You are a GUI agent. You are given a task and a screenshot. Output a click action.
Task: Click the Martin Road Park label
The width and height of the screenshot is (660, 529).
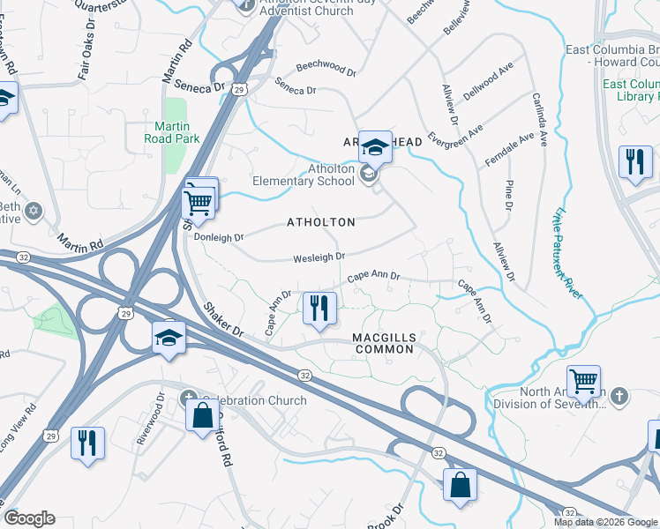tap(172, 132)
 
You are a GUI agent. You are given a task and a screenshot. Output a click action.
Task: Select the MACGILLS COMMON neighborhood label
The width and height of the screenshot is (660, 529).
tap(384, 344)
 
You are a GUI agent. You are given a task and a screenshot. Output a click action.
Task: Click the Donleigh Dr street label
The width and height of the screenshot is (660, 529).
tap(219, 237)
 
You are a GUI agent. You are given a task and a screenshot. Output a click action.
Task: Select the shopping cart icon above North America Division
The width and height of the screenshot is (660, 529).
tap(583, 381)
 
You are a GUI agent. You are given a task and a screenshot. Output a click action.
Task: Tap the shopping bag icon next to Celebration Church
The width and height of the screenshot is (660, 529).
tap(202, 414)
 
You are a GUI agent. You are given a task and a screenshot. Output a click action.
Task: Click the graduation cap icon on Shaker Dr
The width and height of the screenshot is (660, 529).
tap(168, 336)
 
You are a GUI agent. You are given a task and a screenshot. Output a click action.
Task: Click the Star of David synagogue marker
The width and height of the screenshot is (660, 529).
tap(34, 211)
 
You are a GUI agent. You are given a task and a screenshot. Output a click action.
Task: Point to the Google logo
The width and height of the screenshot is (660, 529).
tap(29, 518)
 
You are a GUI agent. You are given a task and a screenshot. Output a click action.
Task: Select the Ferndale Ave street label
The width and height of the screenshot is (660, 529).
tap(509, 151)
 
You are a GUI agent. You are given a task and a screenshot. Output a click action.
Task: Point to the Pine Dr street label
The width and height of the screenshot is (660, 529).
tap(508, 194)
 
